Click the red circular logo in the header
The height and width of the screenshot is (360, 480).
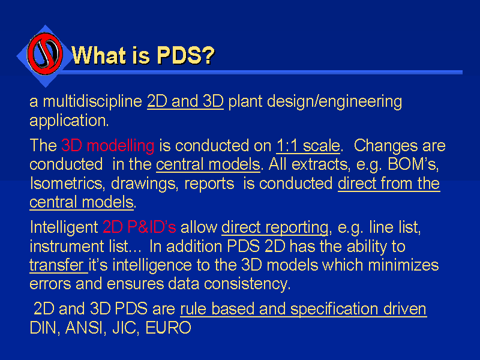tap(45, 54)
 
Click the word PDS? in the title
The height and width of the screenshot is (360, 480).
tap(186, 55)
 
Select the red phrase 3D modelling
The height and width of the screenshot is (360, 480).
tap(108, 145)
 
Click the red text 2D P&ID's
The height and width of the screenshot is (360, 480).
tap(139, 227)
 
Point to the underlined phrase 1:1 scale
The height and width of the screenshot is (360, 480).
tap(308, 146)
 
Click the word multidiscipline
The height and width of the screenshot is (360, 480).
tap(92, 101)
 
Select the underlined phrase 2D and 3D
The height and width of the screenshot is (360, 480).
tap(185, 101)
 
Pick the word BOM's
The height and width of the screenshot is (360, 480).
tap(413, 164)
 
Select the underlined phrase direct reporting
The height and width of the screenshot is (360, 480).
tap(275, 228)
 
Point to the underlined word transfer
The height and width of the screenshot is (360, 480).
tap(56, 265)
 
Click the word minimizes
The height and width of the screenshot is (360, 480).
tap(403, 265)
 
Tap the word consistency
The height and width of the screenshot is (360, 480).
tap(247, 284)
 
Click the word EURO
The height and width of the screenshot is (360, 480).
tap(168, 328)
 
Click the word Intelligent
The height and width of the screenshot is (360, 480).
tap(64, 228)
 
